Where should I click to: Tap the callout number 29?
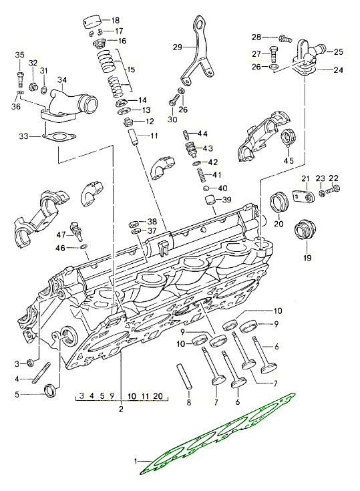coord(177,47)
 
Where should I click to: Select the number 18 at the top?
coord(116,20)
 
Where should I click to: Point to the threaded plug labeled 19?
coord(305,232)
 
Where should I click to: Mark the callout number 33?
coord(23,136)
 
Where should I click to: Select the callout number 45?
coord(289,160)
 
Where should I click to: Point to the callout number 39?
coord(226,200)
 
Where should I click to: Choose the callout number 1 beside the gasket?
coord(137,461)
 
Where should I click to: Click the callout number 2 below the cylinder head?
coord(121,408)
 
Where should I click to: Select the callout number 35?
coord(19,55)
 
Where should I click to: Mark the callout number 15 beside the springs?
coord(130,69)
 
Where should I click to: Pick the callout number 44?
coord(202,134)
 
